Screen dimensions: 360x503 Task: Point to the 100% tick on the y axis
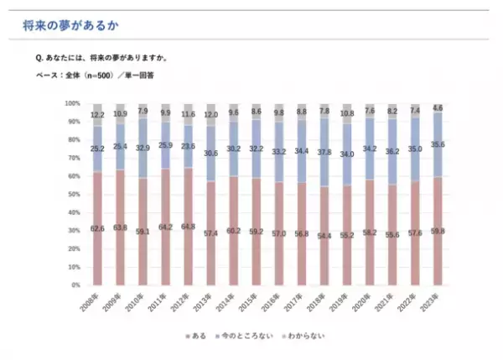(72, 103)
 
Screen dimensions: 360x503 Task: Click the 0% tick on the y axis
(75, 285)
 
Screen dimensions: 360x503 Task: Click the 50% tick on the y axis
(74, 195)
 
